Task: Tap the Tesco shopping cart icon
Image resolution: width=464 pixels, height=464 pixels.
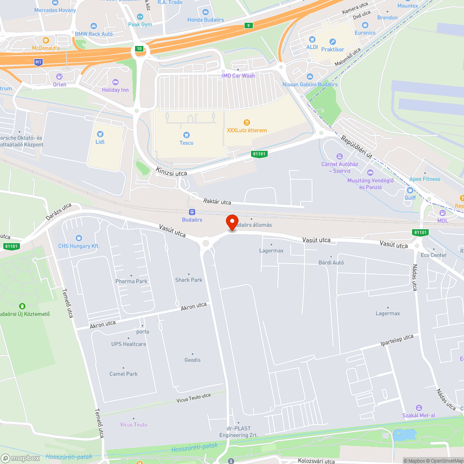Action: coord(187,135)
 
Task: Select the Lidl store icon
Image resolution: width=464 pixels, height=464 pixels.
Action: coord(100,134)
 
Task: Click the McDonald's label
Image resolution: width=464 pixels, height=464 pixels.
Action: coord(45,48)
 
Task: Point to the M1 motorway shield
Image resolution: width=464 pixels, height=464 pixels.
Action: coord(39,62)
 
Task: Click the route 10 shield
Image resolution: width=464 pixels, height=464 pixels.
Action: coord(139,49)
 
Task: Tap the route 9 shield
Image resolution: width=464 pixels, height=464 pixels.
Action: coord(249,26)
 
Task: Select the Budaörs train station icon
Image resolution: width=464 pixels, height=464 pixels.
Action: coord(192,212)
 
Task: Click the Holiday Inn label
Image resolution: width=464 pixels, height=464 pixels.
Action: coord(116,90)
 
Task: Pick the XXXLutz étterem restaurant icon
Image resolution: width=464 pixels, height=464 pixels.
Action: coord(246,122)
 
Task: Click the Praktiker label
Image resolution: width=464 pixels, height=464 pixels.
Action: coord(333,49)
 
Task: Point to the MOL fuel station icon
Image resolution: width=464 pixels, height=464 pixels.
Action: coord(442,213)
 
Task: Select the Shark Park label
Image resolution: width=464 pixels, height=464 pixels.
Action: coord(189,280)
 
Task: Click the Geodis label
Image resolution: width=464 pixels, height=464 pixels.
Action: coord(193,360)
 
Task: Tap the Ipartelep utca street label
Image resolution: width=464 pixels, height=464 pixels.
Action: coord(397,340)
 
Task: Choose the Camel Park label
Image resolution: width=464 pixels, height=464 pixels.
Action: coord(123,374)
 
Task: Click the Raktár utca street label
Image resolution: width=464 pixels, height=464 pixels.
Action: coord(217,202)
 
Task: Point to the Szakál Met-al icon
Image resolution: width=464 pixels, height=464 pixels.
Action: coord(419,407)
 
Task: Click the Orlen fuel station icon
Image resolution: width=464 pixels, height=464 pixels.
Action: coord(59,77)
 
